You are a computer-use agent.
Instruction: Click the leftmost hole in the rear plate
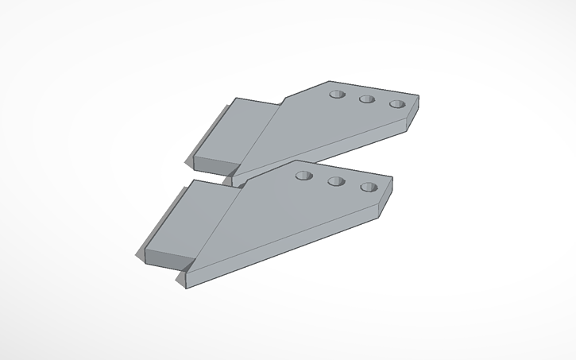[x=337, y=95]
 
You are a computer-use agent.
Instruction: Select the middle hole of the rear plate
[x=366, y=100]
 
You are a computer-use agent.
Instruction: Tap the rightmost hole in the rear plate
[x=396, y=105]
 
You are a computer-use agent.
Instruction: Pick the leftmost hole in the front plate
[x=303, y=176]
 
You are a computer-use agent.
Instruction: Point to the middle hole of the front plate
[x=334, y=182]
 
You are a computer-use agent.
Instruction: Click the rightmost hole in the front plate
[x=367, y=188]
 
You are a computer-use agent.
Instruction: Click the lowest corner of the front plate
[x=187, y=285]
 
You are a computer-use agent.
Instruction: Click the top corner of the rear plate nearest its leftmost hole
[x=327, y=82]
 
